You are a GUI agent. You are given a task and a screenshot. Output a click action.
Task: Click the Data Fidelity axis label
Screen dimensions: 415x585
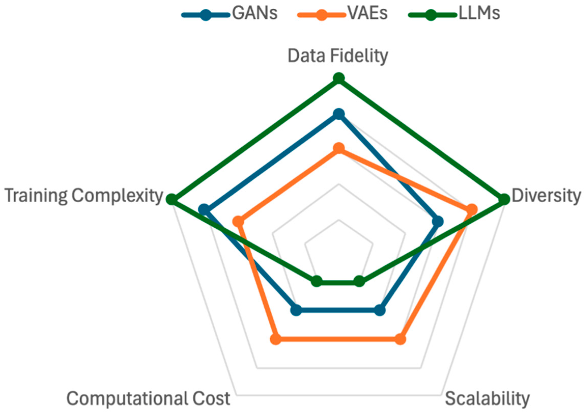pyautogui.click(x=338, y=56)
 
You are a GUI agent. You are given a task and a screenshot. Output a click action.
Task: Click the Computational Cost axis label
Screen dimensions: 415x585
pyautogui.click(x=149, y=398)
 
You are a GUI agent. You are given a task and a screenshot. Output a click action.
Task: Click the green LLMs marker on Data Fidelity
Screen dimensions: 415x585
pyautogui.click(x=339, y=78)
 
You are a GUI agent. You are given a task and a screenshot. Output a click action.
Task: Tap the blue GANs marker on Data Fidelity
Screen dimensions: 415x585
pyautogui.click(x=339, y=114)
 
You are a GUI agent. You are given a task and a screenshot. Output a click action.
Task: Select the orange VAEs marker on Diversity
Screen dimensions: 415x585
pyautogui.click(x=472, y=210)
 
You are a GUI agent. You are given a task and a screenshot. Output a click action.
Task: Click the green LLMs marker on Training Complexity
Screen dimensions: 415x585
pyautogui.click(x=172, y=199)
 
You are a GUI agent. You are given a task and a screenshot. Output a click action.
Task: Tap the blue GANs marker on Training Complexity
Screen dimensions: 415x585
pyautogui.click(x=204, y=210)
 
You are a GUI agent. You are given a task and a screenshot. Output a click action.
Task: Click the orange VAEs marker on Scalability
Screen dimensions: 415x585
pyautogui.click(x=400, y=339)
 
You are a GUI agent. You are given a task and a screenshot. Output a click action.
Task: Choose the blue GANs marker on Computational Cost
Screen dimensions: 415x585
pyautogui.click(x=296, y=310)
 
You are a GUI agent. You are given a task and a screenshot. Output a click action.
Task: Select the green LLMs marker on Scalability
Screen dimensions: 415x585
pyautogui.click(x=359, y=281)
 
